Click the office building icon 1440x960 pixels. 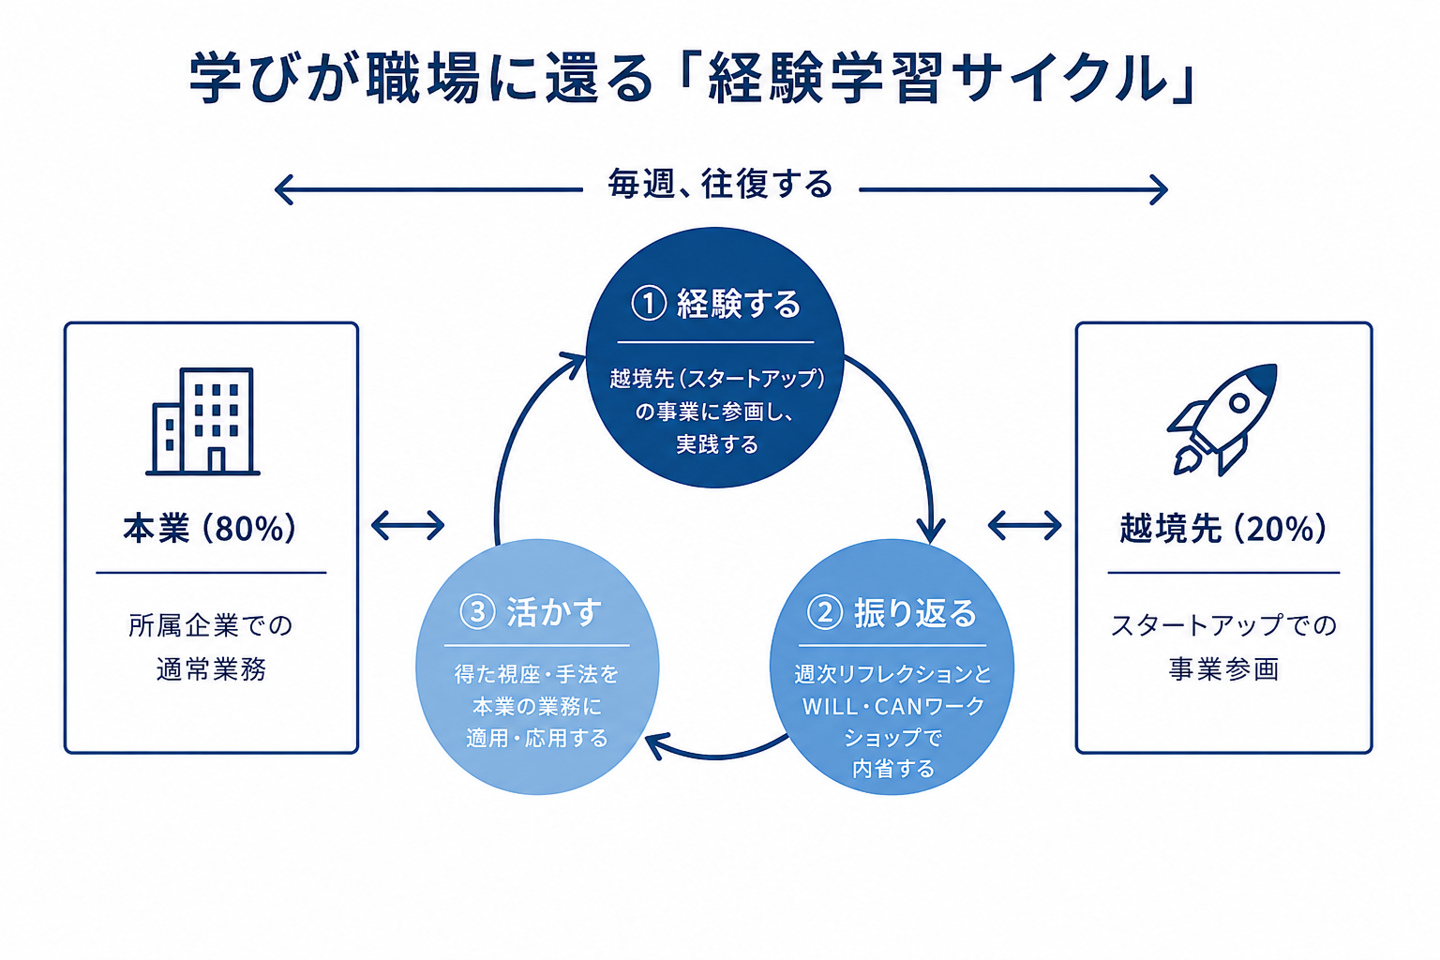(203, 422)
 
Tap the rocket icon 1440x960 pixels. (1222, 419)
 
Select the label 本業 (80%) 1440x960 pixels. (210, 529)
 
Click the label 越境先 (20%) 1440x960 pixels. (1223, 529)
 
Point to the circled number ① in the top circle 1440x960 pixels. (649, 304)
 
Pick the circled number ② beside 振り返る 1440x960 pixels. (825, 612)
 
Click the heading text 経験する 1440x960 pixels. (739, 304)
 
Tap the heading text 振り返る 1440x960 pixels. (915, 613)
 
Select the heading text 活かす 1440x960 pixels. (554, 612)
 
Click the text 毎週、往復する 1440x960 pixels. (721, 185)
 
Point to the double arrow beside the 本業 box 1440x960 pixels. (408, 525)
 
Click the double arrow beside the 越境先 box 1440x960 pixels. (1025, 525)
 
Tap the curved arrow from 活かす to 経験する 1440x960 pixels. (515, 425)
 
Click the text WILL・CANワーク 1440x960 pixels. (893, 707)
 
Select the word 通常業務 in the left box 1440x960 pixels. (212, 669)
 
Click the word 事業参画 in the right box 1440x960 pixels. (1223, 669)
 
